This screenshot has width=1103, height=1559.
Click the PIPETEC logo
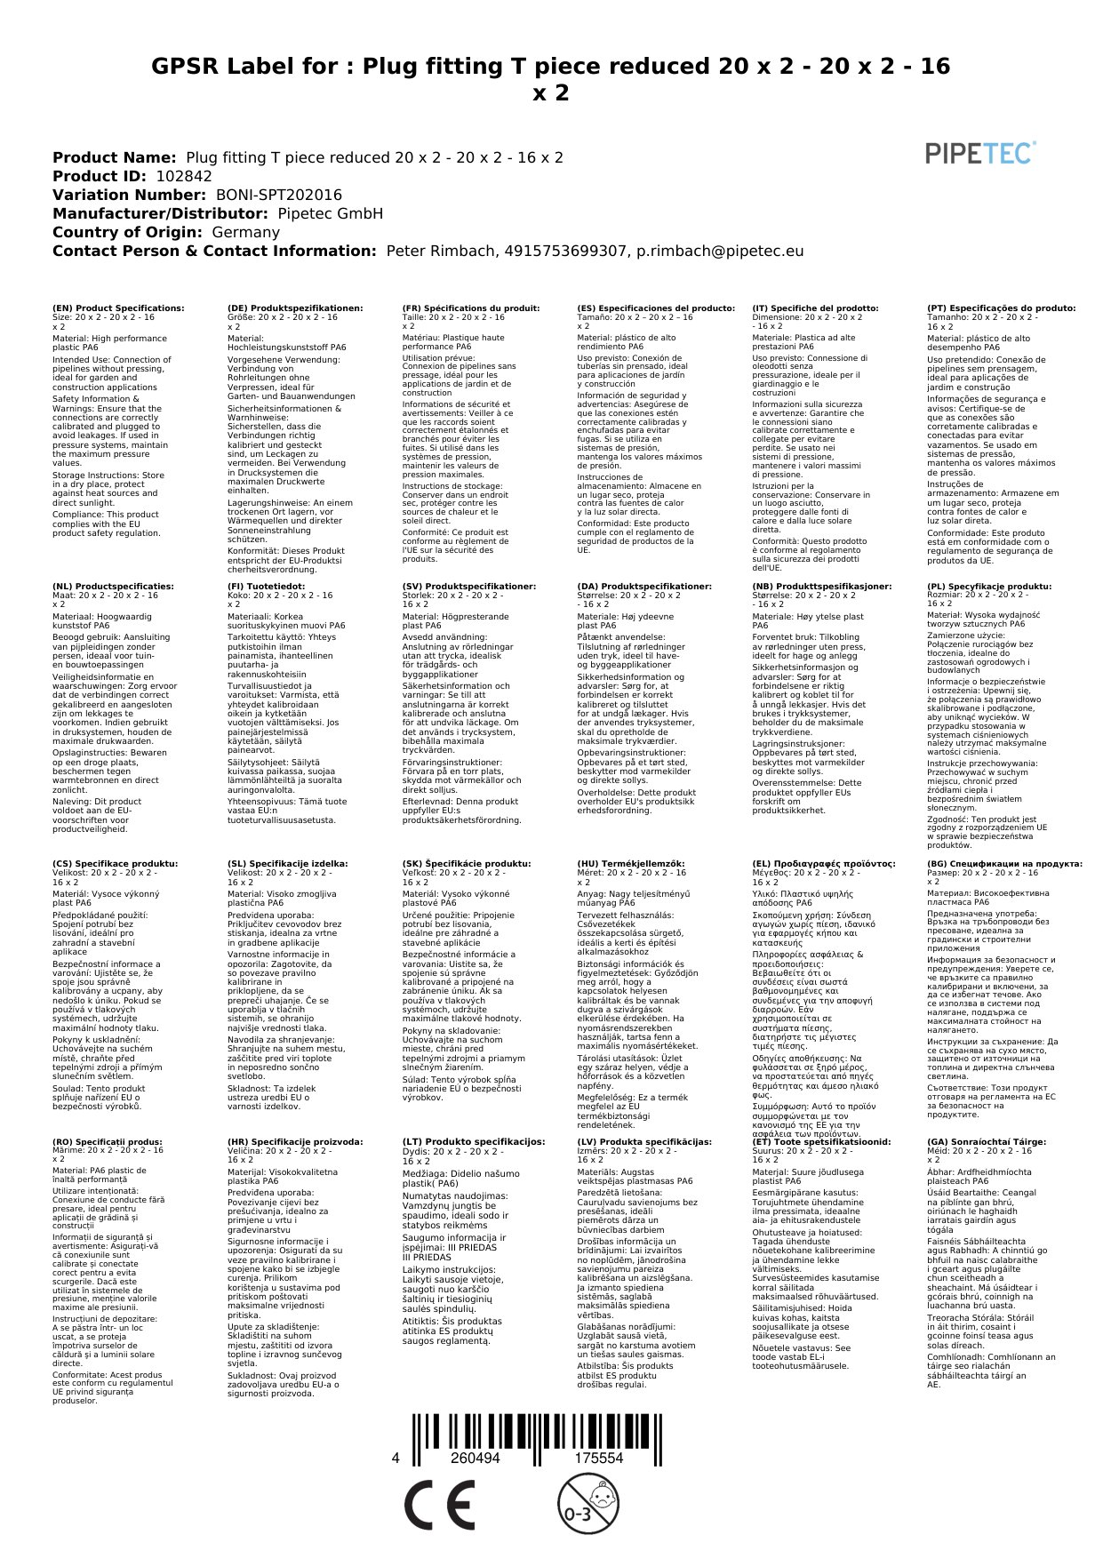click(980, 153)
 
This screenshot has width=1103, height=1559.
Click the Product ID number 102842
click(184, 176)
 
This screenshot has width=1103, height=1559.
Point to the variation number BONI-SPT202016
click(278, 195)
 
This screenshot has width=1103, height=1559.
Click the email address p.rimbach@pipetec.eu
click(720, 251)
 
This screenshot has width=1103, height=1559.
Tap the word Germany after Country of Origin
click(245, 232)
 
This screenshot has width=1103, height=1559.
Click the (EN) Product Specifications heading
click(118, 308)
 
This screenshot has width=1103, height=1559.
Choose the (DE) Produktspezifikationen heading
click(295, 308)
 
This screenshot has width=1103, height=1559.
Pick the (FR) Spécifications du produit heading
click(471, 308)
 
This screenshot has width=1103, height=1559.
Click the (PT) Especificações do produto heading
click(1001, 308)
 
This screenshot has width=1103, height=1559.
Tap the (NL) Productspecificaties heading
click(113, 587)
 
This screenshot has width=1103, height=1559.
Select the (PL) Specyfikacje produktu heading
click(989, 587)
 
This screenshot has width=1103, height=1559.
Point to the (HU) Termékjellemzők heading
click(631, 863)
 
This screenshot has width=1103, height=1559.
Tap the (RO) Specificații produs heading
click(108, 1141)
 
